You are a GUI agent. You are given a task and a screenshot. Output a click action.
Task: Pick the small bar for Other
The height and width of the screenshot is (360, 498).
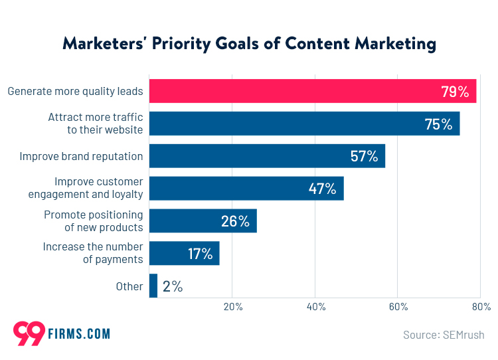pyautogui.click(x=153, y=286)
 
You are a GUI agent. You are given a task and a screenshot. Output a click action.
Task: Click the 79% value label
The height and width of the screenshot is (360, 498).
pyautogui.click(x=455, y=92)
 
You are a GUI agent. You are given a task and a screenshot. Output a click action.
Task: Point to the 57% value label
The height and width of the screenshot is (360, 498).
pyautogui.click(x=364, y=157)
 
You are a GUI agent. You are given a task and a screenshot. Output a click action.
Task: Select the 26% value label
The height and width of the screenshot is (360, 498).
pyautogui.click(x=234, y=221)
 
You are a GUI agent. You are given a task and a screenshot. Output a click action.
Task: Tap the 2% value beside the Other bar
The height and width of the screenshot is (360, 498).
pyautogui.click(x=173, y=286)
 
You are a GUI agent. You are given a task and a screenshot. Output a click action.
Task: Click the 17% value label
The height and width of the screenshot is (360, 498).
pyautogui.click(x=199, y=254)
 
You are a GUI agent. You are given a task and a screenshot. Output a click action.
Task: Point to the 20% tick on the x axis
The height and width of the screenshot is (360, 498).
pyautogui.click(x=232, y=307)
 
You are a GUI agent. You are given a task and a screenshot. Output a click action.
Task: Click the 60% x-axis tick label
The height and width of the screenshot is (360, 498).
pyautogui.click(x=398, y=307)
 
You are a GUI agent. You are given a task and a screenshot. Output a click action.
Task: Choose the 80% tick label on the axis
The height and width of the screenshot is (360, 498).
pyautogui.click(x=481, y=307)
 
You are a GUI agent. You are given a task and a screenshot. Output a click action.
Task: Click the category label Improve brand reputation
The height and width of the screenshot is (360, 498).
pyautogui.click(x=81, y=157)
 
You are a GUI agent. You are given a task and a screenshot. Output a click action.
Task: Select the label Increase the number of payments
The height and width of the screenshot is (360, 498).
pyautogui.click(x=93, y=253)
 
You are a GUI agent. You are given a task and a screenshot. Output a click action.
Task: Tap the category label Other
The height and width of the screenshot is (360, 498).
pyautogui.click(x=129, y=286)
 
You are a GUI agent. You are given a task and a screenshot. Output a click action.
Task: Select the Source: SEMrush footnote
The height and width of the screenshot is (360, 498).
pyautogui.click(x=444, y=335)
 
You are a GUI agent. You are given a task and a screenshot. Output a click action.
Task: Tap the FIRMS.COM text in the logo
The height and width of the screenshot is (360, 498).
pyautogui.click(x=78, y=333)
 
